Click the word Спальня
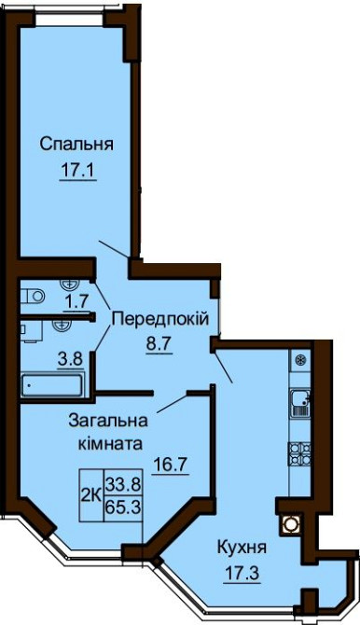pos(76,145)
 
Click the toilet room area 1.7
pos(76,301)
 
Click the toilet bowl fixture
pos(35,296)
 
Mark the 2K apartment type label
pos(92,484)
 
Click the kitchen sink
pos(300,402)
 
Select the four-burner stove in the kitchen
pos(300,454)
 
